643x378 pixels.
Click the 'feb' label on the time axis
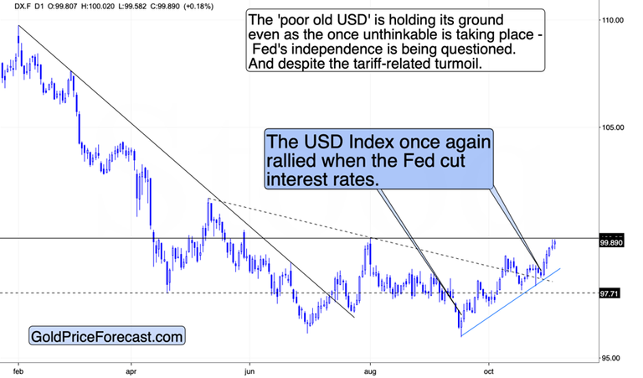[18, 369]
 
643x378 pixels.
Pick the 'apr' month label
[131, 369]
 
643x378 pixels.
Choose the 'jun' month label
[249, 369]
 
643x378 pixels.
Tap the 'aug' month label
[369, 369]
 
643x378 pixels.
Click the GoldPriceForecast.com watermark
[106, 337]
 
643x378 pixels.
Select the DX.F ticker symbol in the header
[12, 6]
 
